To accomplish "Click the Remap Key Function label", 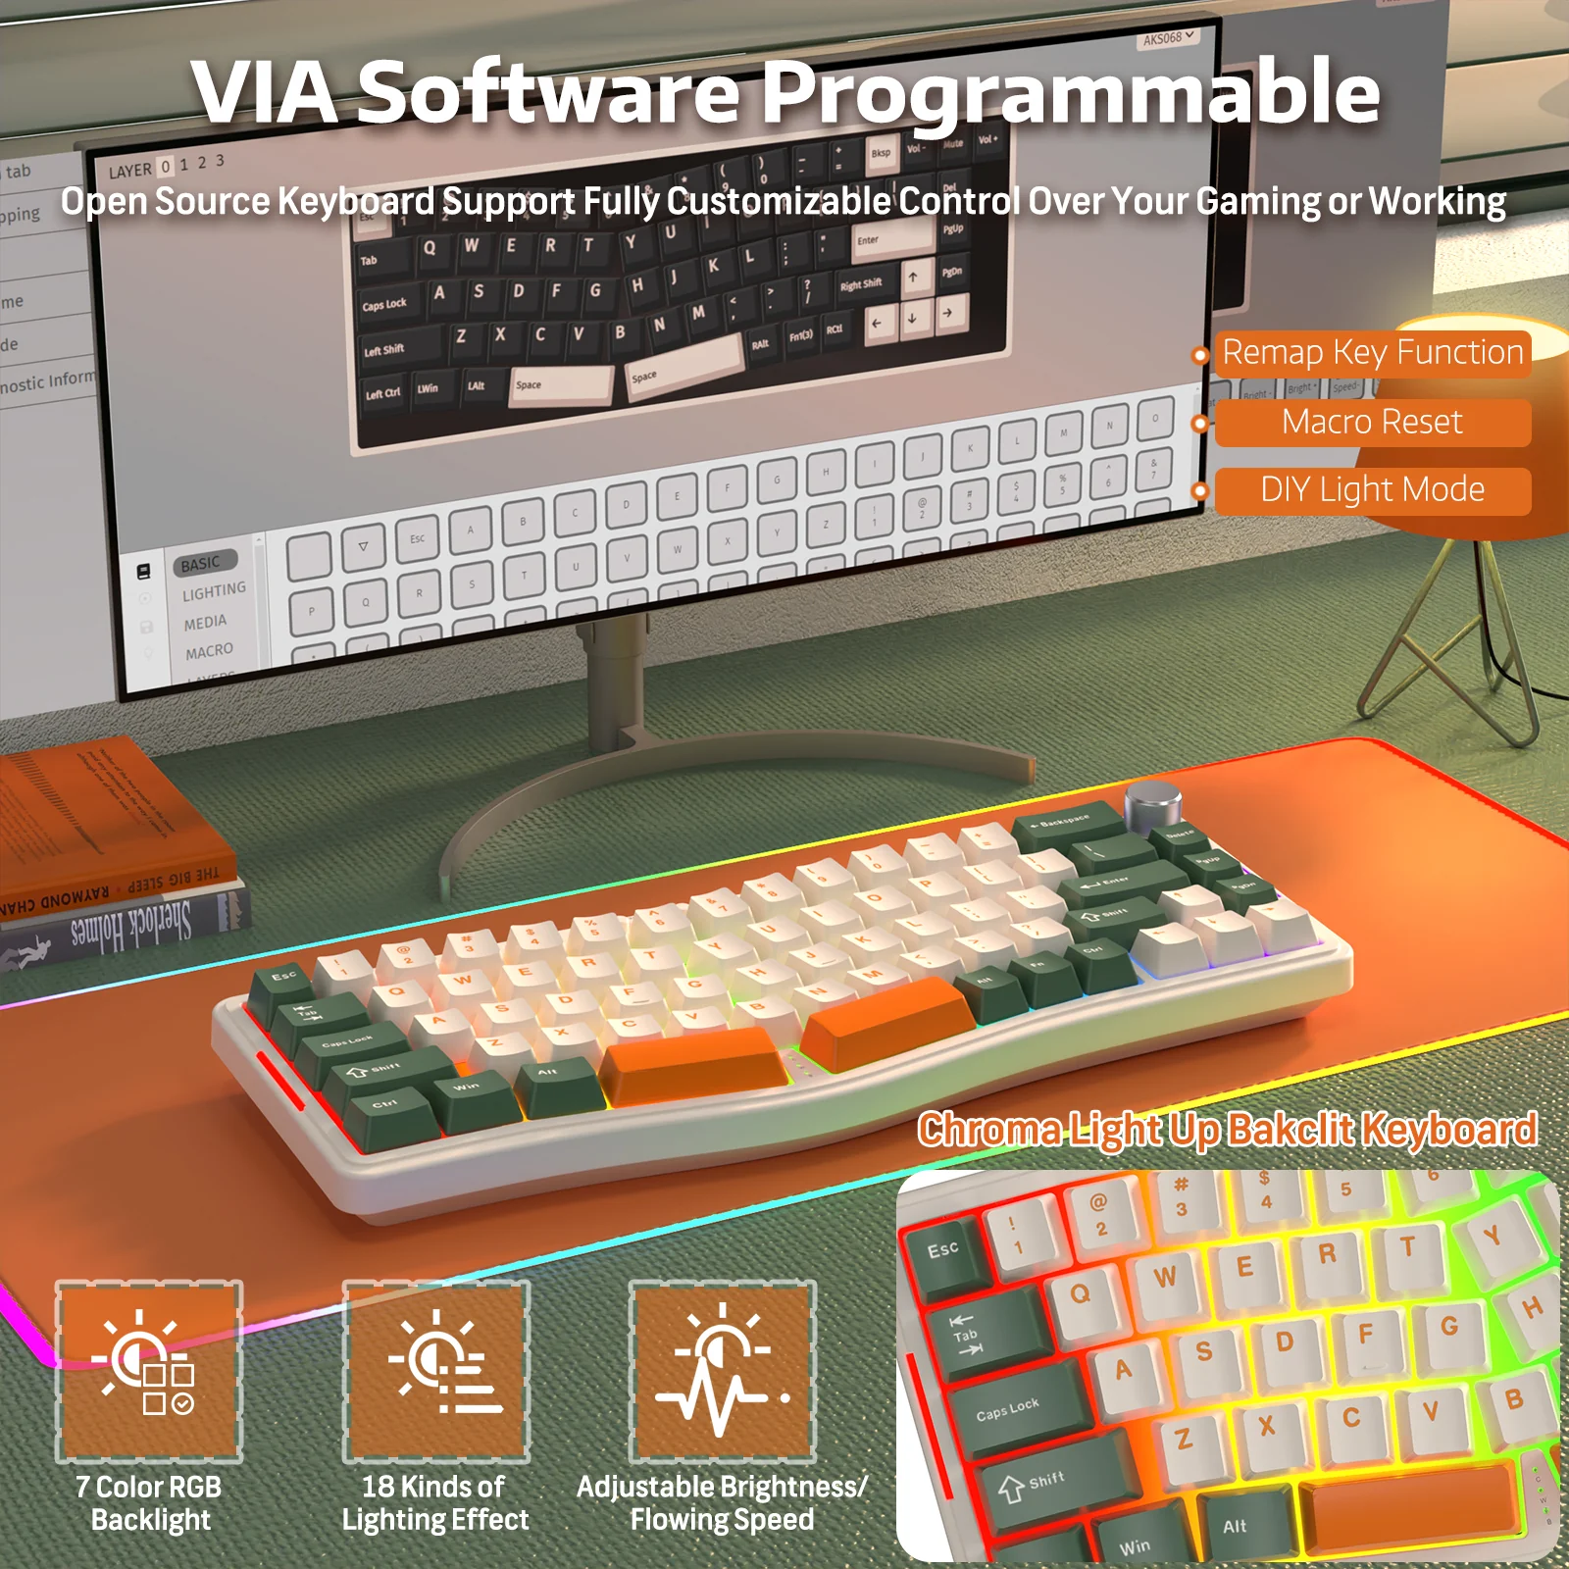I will pos(1372,352).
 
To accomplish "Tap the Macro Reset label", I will pos(1372,423).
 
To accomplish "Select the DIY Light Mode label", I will pos(1372,489).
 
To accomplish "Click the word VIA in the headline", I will pos(265,92).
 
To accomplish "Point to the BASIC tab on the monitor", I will pos(201,564).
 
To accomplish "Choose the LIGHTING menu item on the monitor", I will pos(214,591).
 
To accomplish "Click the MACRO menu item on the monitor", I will pos(209,651).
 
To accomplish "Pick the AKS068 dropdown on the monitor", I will pos(1168,38).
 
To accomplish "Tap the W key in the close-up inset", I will pos(1165,1277).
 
